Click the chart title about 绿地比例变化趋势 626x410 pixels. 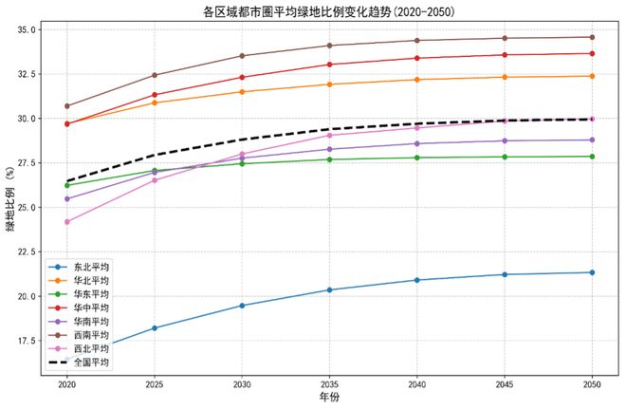point(328,11)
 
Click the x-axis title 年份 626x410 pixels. point(328,400)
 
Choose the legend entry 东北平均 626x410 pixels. point(91,268)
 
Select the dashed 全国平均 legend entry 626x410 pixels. point(91,363)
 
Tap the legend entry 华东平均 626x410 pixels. point(91,295)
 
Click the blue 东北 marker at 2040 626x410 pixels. point(417,280)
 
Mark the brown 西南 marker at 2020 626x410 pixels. point(66,106)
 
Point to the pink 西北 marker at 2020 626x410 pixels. point(66,222)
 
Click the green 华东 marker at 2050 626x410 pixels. point(592,157)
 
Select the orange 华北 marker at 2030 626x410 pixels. point(242,92)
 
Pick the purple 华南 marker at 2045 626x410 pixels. point(505,140)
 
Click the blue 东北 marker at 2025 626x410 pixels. point(155,328)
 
